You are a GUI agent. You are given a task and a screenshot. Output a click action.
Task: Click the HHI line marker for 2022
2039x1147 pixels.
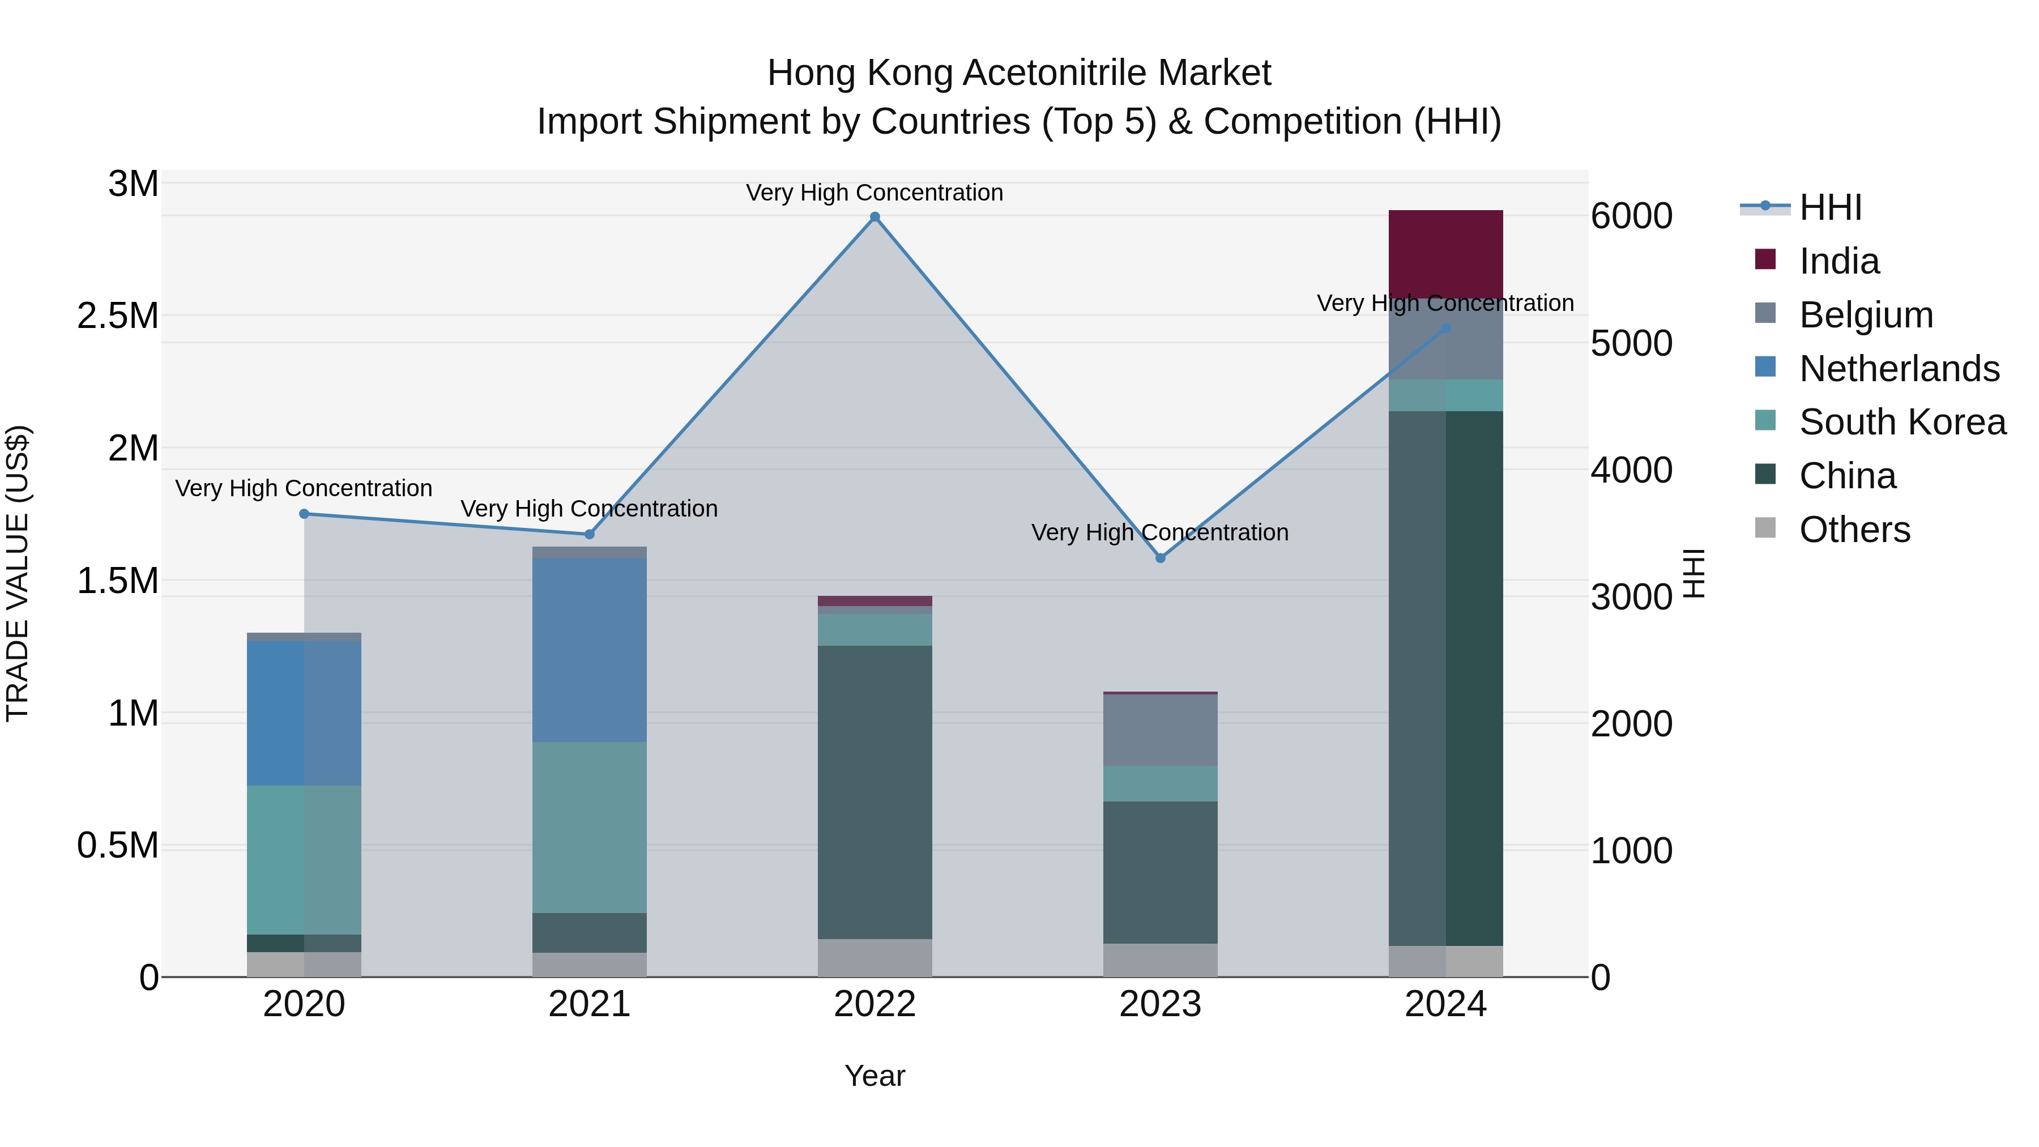(x=875, y=217)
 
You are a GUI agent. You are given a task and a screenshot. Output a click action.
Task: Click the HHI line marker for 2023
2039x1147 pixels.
(x=1161, y=558)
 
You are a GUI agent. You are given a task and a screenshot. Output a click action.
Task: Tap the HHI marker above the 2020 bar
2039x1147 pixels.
(x=304, y=514)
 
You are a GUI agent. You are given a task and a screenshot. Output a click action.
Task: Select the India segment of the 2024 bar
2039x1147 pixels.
(x=1445, y=253)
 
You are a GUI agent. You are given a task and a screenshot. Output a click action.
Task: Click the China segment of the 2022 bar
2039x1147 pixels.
(x=875, y=792)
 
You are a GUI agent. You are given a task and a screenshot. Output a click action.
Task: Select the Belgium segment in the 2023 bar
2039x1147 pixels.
(x=1161, y=730)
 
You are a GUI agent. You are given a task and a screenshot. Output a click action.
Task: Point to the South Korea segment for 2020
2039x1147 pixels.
(x=304, y=860)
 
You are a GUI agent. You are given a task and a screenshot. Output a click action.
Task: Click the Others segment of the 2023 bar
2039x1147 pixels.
(x=1161, y=960)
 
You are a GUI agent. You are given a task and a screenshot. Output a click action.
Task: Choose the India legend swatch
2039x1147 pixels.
(x=1765, y=259)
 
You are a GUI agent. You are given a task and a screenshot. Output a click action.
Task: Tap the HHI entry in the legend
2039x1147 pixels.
(x=1830, y=207)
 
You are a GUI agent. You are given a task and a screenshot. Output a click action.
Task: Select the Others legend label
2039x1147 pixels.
(x=1854, y=530)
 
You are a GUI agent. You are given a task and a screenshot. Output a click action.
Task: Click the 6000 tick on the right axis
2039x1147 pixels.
(x=1631, y=216)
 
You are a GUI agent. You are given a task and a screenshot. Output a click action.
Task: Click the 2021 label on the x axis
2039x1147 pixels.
(x=589, y=1004)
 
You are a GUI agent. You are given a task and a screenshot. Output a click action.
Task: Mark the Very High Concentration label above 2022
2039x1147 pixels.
(x=875, y=193)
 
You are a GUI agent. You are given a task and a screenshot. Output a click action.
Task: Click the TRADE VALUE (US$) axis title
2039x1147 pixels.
(x=18, y=573)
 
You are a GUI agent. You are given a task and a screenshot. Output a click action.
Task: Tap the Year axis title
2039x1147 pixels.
(x=875, y=1076)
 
